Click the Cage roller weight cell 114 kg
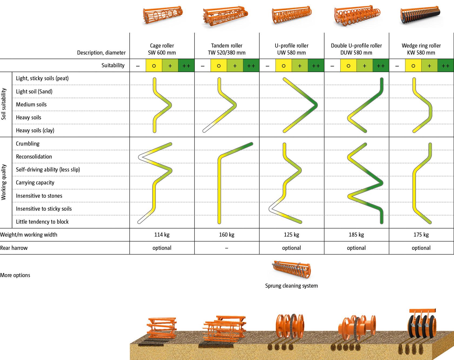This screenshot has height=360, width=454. click(x=162, y=235)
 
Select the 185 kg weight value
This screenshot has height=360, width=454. click(x=356, y=235)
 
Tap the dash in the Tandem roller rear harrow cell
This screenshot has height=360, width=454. click(x=227, y=248)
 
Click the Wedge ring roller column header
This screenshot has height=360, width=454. click(x=421, y=49)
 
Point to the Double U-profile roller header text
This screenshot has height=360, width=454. click(x=356, y=49)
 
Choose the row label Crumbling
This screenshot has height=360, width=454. click(x=28, y=144)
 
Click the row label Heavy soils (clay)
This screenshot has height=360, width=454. click(x=35, y=130)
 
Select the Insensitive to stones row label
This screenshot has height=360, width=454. click(x=39, y=196)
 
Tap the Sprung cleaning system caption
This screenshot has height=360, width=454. click(x=291, y=286)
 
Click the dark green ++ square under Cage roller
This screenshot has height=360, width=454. click(x=186, y=66)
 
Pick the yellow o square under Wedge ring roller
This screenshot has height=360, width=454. click(x=413, y=66)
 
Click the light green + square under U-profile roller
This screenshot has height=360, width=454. click(x=300, y=66)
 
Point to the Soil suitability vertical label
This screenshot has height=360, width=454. click(x=4, y=104)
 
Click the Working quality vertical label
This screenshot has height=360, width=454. click(x=4, y=182)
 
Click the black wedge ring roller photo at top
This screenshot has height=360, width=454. click(x=421, y=17)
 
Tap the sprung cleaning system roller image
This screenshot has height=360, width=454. click(x=291, y=270)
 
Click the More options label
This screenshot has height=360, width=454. click(x=15, y=275)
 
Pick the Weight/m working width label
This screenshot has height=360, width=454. click(x=29, y=235)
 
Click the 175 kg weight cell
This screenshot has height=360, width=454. click(x=421, y=235)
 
